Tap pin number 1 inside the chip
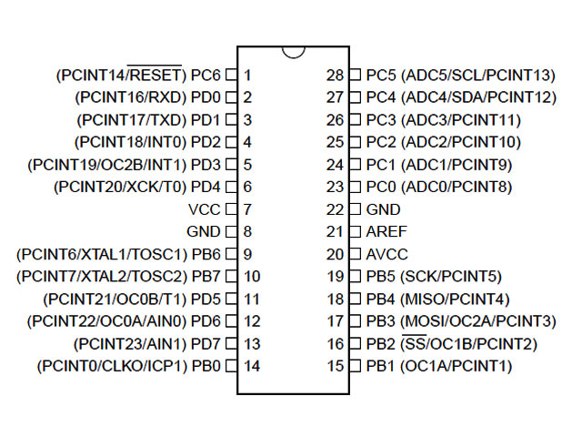(247, 75)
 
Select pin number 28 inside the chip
(335, 75)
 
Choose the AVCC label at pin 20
(386, 254)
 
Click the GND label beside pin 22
(383, 209)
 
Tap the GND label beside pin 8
(203, 232)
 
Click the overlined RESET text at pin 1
(156, 75)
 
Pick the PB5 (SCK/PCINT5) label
(438, 277)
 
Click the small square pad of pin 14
(230, 366)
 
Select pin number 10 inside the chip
(252, 277)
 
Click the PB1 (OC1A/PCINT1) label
(438, 366)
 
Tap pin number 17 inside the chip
(335, 321)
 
